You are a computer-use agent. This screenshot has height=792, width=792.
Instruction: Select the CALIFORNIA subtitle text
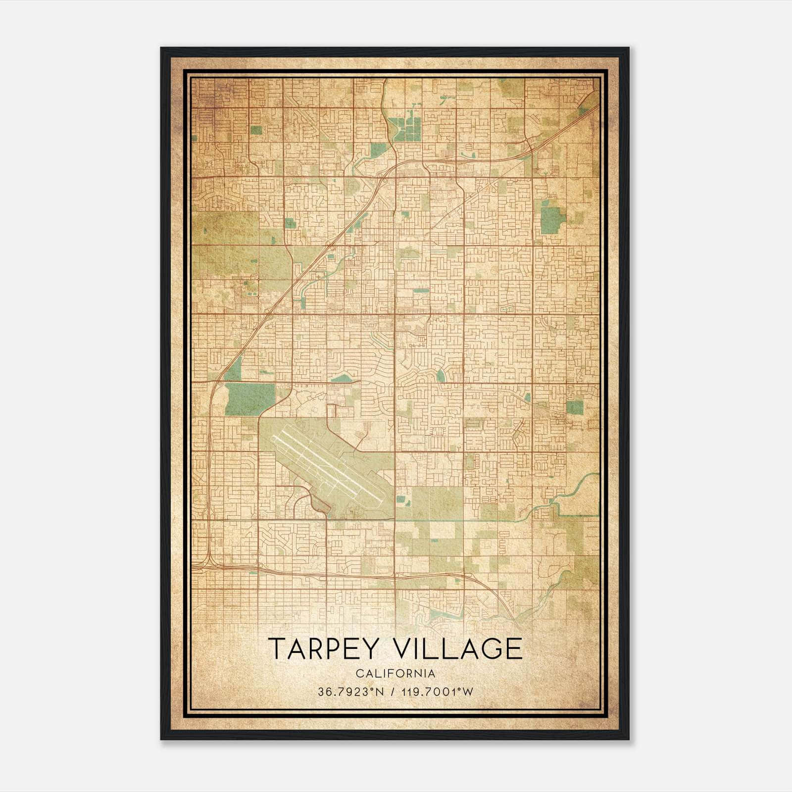point(396,674)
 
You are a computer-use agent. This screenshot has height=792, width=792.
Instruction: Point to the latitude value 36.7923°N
point(351,692)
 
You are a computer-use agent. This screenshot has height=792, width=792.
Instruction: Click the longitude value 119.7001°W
point(438,692)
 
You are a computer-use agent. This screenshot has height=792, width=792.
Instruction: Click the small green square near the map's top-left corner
point(256,130)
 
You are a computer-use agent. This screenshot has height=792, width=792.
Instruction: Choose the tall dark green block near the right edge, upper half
point(552,220)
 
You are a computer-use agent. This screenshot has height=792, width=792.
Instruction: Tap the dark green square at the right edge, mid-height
point(575,407)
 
